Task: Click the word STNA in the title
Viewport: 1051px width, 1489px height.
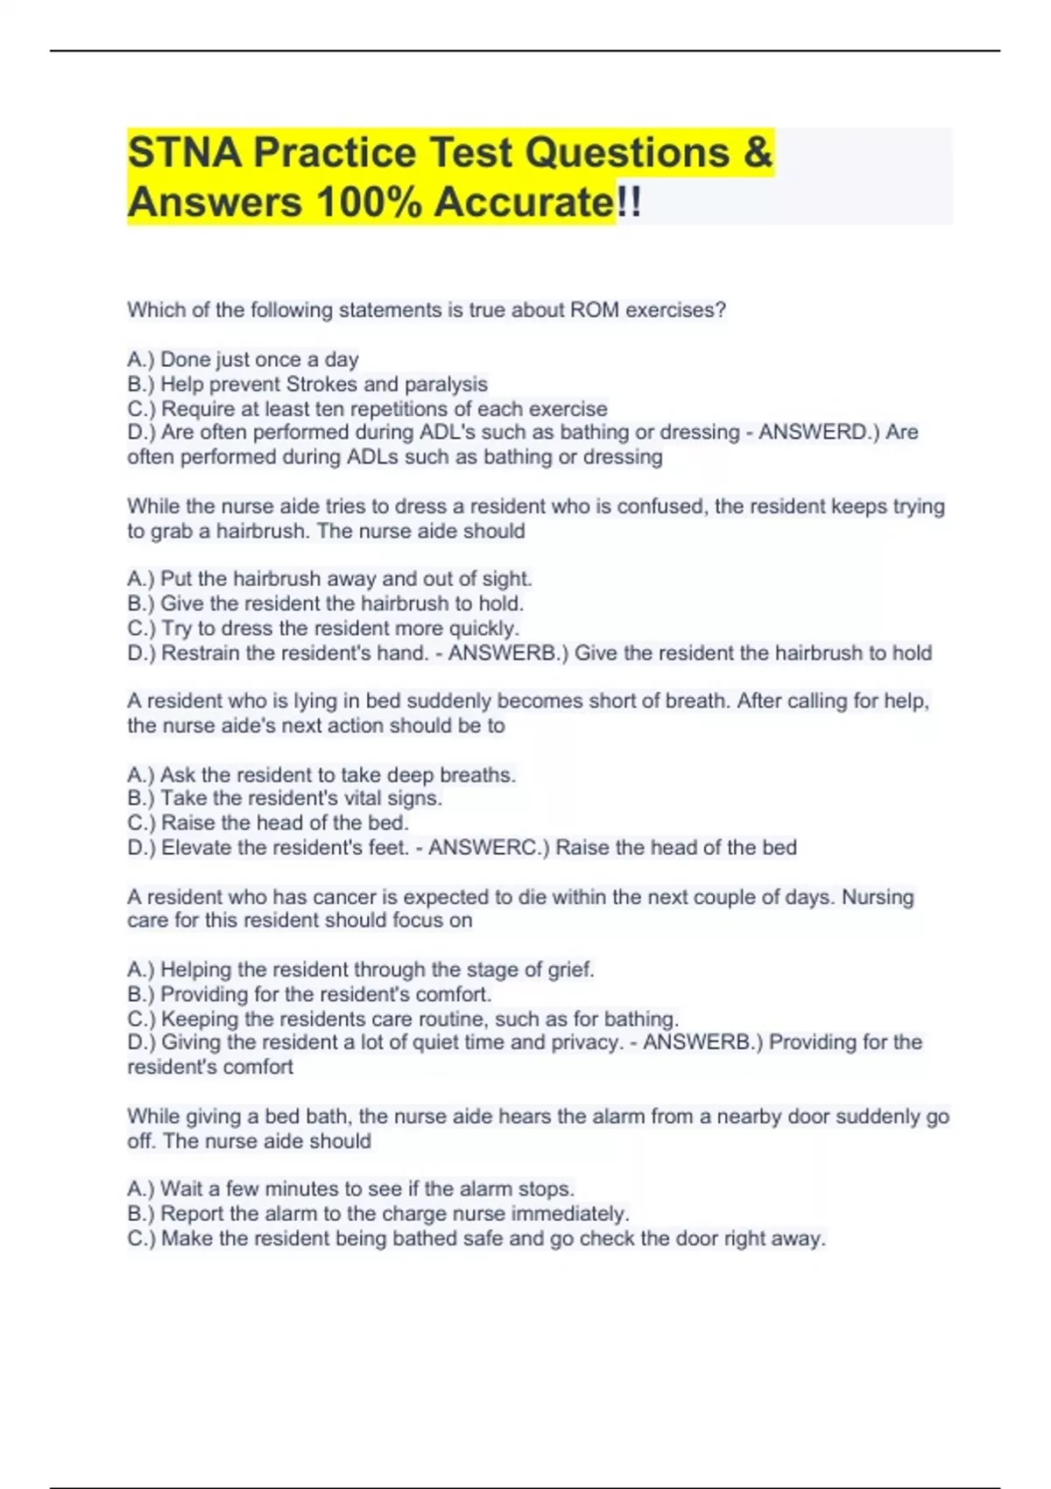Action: click(x=184, y=152)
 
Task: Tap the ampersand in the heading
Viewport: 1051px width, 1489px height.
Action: click(x=758, y=152)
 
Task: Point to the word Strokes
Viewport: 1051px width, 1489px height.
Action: click(x=321, y=385)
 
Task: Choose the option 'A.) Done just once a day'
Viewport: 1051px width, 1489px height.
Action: click(x=243, y=360)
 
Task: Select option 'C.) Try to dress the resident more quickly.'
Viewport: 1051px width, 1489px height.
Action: click(x=323, y=629)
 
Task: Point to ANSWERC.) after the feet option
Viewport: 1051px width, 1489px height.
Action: click(x=488, y=848)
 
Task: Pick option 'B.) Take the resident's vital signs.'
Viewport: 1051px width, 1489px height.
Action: click(x=285, y=799)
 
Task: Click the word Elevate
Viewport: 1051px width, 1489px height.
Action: click(x=196, y=848)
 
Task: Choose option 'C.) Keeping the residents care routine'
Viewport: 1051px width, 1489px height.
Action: click(x=403, y=1020)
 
